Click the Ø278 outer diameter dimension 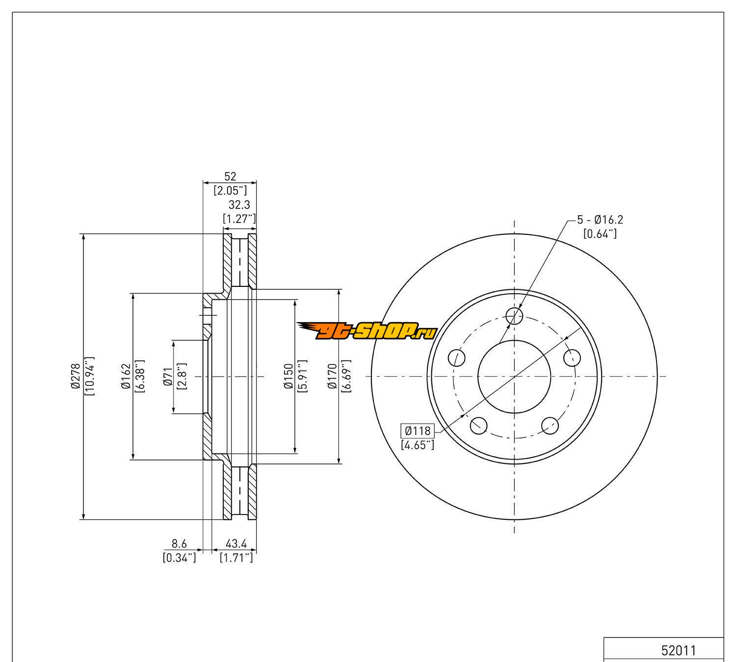pyautogui.click(x=76, y=376)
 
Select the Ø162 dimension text pyautogui.click(x=126, y=376)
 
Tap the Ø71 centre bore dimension pyautogui.click(x=168, y=377)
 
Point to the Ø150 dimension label pyautogui.click(x=289, y=376)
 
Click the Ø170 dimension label pyautogui.click(x=332, y=376)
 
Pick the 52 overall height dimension pyautogui.click(x=230, y=177)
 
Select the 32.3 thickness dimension pyautogui.click(x=239, y=204)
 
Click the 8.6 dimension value pyautogui.click(x=179, y=543)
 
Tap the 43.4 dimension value pyautogui.click(x=237, y=543)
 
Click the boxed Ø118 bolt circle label pyautogui.click(x=418, y=431)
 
